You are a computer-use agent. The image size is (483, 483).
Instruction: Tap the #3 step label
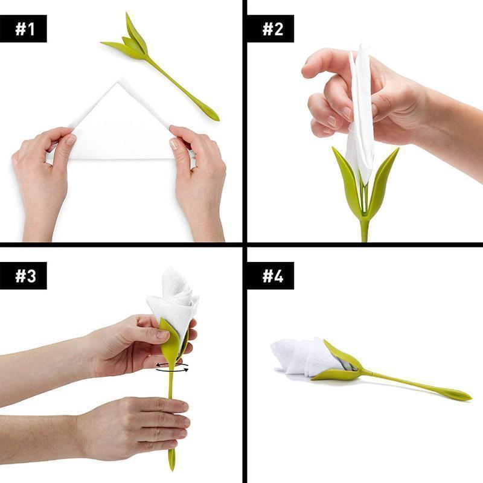point(25,275)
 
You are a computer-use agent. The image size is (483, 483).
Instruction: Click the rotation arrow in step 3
point(171,368)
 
